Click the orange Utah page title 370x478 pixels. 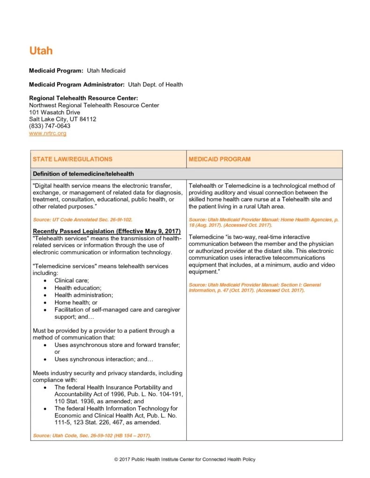point(41,50)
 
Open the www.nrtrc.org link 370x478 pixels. point(48,133)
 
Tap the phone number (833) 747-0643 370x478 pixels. point(50,126)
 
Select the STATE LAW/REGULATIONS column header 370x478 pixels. point(73,159)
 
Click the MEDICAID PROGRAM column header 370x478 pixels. point(219,159)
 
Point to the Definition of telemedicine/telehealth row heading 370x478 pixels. point(83,174)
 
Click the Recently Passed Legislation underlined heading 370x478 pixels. point(107,232)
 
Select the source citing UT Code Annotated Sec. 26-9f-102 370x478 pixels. point(79,219)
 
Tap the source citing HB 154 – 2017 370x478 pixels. point(92,436)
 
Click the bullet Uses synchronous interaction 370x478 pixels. point(104,359)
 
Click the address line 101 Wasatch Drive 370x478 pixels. point(54,112)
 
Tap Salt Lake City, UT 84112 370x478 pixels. point(63,119)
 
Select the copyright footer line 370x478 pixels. point(185,459)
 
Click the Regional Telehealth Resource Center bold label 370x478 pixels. point(83,98)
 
